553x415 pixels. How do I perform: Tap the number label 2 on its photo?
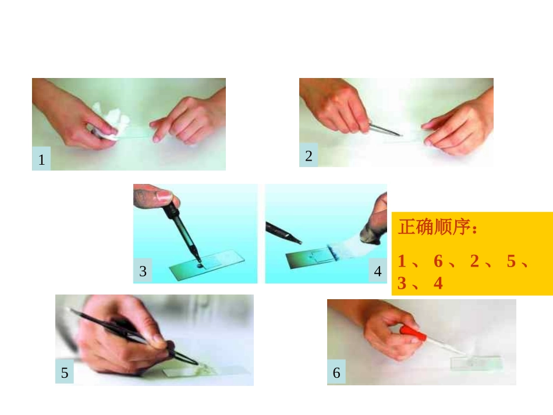309,155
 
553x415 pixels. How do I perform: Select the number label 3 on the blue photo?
143,271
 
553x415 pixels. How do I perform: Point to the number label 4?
378,271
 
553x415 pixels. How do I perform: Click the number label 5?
65,373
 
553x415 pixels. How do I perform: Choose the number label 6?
336,373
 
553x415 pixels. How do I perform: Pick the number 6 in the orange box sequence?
438,262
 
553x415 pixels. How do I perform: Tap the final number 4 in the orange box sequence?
438,283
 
